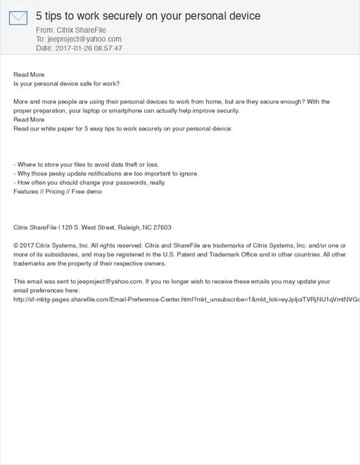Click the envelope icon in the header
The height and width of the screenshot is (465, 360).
click(18, 18)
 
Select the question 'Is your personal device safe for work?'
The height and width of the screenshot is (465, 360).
click(66, 84)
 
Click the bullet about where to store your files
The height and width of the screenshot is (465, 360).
click(86, 165)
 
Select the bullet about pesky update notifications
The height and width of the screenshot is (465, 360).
click(106, 173)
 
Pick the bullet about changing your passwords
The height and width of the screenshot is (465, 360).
click(89, 183)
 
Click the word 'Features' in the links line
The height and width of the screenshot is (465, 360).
click(27, 192)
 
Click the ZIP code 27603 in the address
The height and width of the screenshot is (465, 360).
click(162, 228)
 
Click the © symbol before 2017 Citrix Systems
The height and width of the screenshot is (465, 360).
click(16, 246)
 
